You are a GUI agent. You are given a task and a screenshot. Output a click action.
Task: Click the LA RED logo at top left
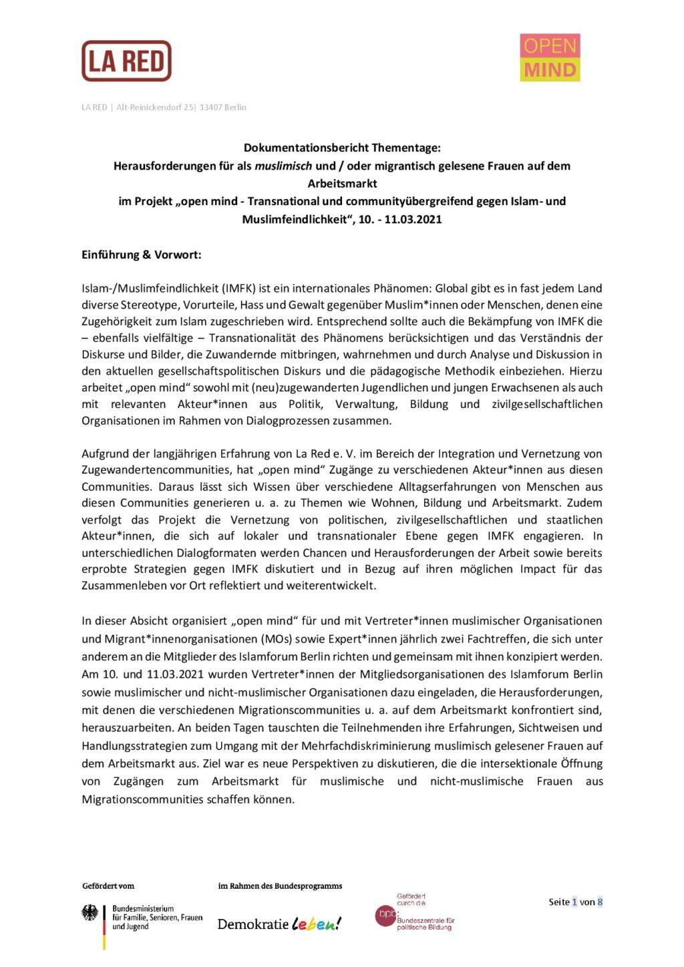tap(126, 61)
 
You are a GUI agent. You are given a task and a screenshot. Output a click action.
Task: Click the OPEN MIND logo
tap(550, 58)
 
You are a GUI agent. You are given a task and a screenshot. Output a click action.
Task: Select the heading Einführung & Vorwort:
tap(142, 254)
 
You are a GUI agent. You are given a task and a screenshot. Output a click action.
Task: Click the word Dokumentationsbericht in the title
tap(309, 148)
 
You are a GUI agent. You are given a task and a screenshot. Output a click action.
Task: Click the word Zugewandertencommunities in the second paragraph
tap(158, 470)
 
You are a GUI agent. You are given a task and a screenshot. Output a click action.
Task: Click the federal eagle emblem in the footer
tap(90, 913)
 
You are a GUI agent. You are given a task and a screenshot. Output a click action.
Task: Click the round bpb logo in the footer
tap(385, 915)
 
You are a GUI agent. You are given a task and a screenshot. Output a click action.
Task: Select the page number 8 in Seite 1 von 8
tap(600, 902)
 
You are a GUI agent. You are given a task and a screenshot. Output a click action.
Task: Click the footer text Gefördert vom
tap(108, 886)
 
